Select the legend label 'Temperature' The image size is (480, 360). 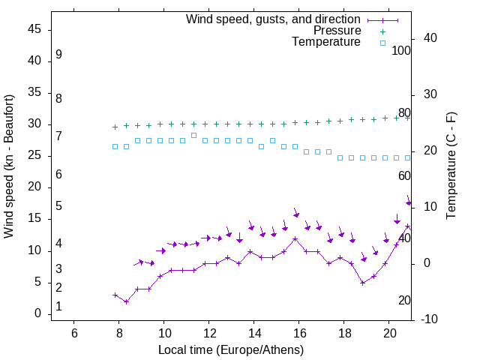(x=326, y=43)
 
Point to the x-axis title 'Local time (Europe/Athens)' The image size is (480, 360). (x=231, y=350)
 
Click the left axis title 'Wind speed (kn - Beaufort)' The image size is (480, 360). (x=9, y=166)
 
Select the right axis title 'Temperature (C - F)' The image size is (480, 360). (x=451, y=166)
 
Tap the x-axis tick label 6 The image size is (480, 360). (x=74, y=333)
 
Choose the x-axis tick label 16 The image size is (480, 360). (x=299, y=333)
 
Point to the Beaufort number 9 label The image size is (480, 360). (x=58, y=55)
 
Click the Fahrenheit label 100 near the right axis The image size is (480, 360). (x=401, y=51)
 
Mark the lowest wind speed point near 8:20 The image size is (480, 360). (x=126, y=301)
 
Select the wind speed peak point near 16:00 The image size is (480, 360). (x=295, y=239)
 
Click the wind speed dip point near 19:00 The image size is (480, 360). (x=363, y=283)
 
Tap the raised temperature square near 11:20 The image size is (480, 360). (x=193, y=135)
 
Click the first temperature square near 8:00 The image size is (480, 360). (x=115, y=146)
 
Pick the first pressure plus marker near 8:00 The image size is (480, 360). (x=115, y=127)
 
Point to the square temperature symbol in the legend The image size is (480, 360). (x=382, y=43)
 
